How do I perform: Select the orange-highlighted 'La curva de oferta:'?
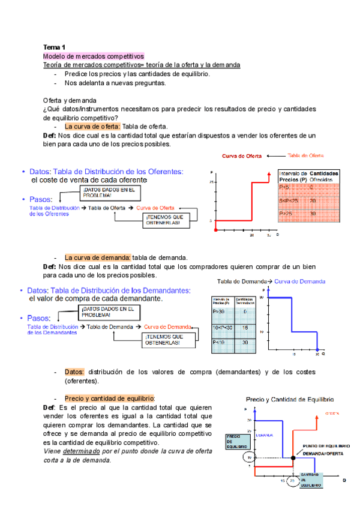(x=92, y=127)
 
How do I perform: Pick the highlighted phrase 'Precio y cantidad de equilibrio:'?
(x=109, y=399)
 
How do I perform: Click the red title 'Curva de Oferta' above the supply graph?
(x=242, y=156)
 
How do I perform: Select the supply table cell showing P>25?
(x=288, y=214)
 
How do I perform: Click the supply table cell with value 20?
(x=313, y=200)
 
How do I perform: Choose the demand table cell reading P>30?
(x=219, y=312)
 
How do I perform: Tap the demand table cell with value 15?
(x=245, y=327)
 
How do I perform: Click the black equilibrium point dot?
(x=292, y=458)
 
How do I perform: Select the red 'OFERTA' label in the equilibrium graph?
(x=332, y=414)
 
